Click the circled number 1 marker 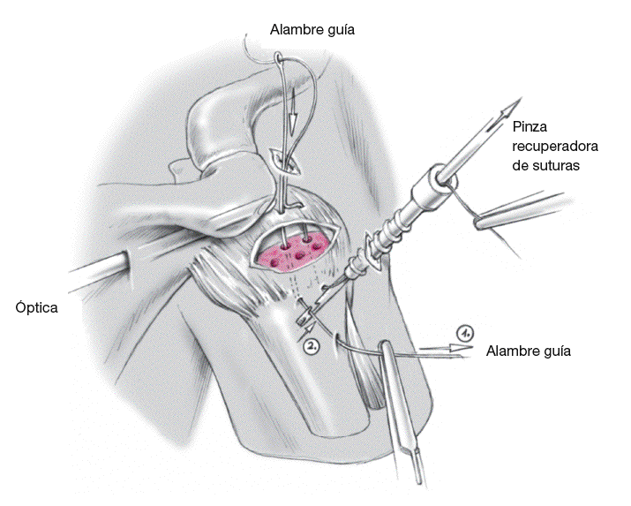(466, 332)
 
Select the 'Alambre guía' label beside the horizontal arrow (529, 351)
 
